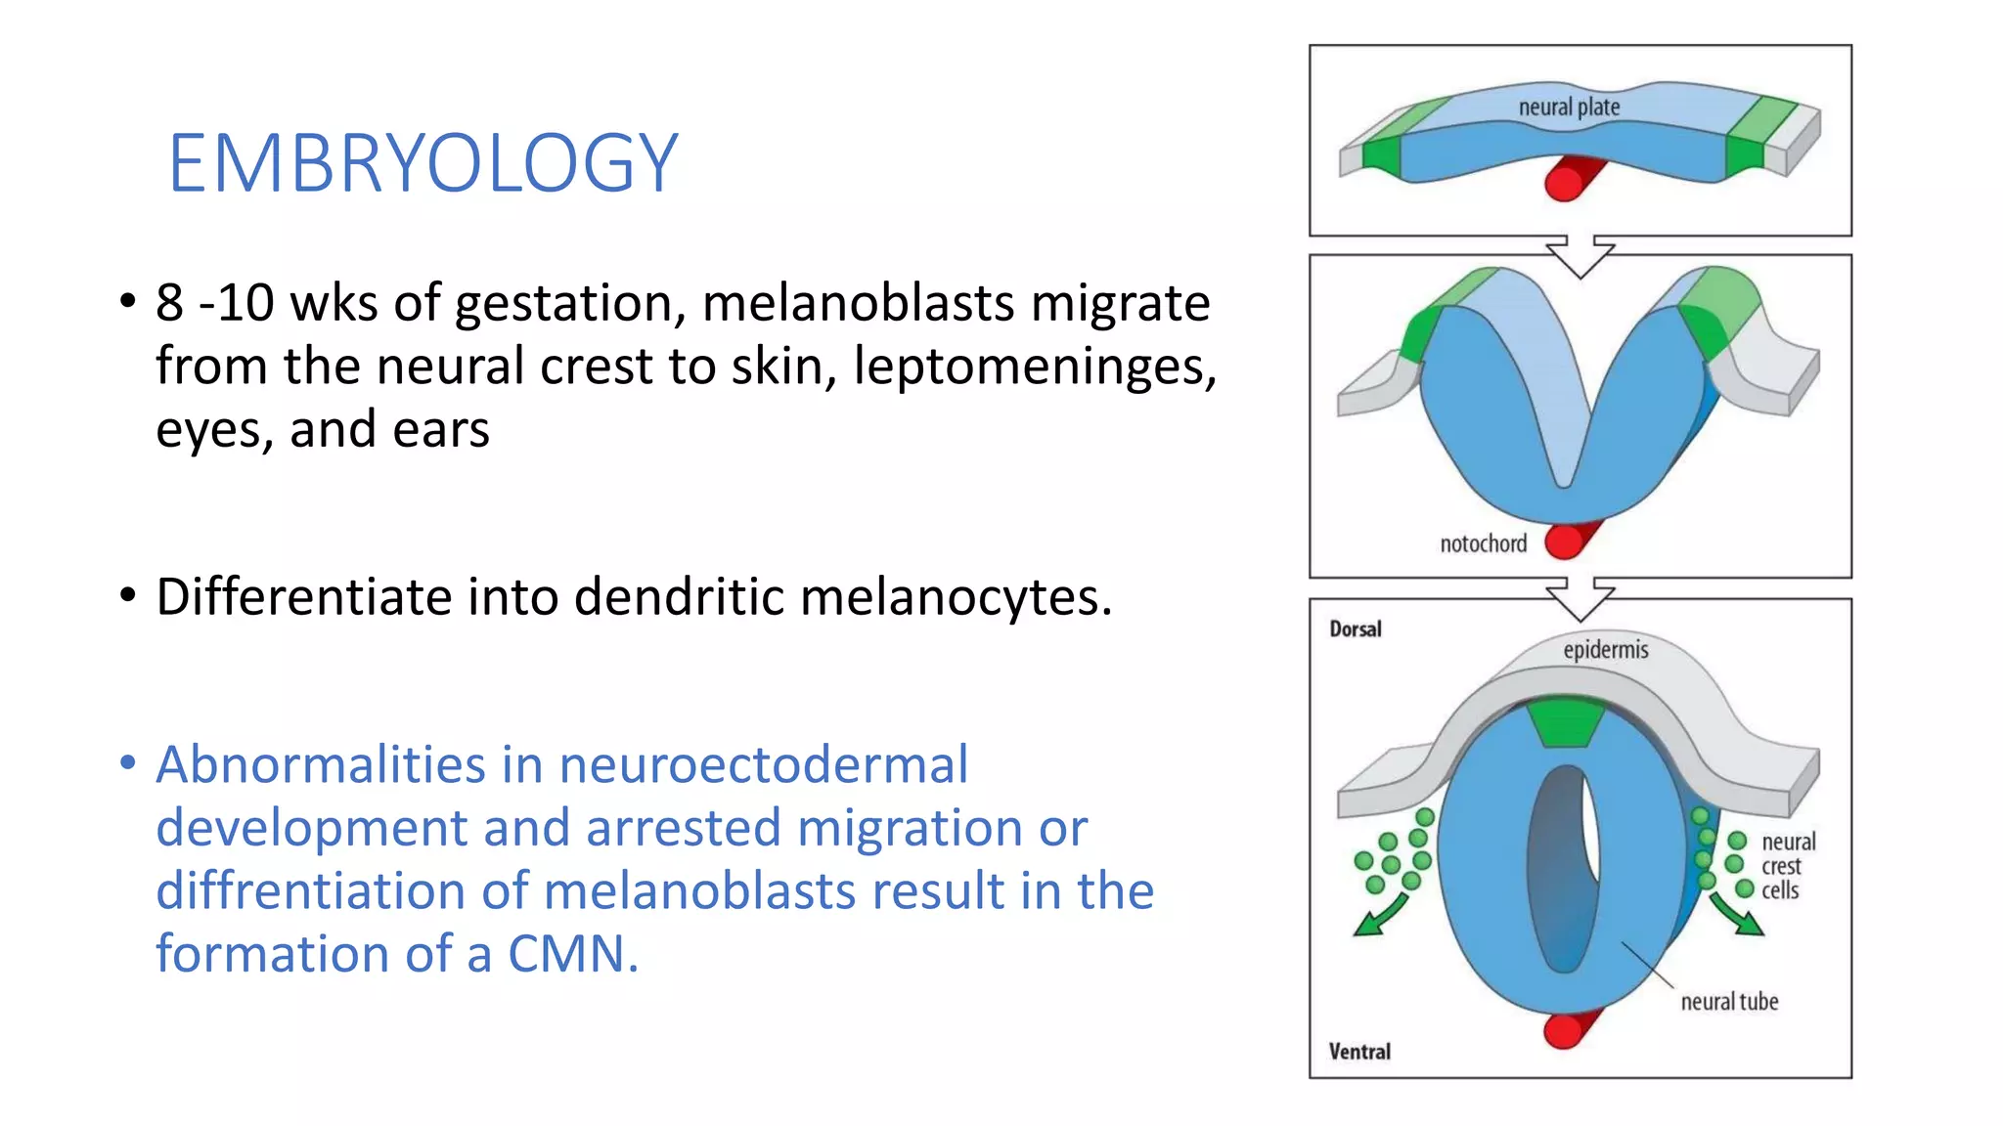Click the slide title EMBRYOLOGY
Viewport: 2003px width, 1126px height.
click(x=423, y=163)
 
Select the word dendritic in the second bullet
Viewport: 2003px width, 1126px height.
click(x=679, y=596)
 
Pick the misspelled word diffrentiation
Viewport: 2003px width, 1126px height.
click(x=341, y=890)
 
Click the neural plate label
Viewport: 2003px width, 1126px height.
click(x=1569, y=107)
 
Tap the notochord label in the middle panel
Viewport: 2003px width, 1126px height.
click(x=1483, y=543)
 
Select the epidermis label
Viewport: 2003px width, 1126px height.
click(x=1605, y=650)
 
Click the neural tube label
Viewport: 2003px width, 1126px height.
click(x=1729, y=1001)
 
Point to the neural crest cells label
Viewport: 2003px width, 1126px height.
click(x=1787, y=866)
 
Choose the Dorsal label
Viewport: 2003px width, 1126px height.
click(x=1355, y=629)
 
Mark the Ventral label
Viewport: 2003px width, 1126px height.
click(x=1358, y=1052)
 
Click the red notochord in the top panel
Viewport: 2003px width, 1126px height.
click(x=1570, y=179)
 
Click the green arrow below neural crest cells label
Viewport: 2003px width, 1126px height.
click(x=1738, y=915)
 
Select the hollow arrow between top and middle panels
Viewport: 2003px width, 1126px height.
click(x=1580, y=256)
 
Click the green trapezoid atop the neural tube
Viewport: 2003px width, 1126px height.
click(x=1565, y=723)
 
